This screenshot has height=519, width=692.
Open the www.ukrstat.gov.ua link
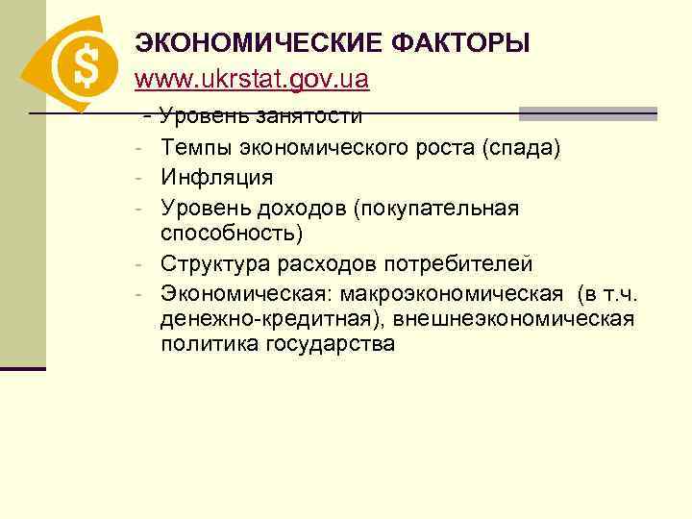[x=252, y=79]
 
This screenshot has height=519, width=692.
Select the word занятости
[x=309, y=117]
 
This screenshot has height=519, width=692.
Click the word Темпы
[x=194, y=148]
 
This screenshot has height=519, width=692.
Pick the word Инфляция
[x=216, y=178]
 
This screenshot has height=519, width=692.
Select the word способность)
[x=232, y=234]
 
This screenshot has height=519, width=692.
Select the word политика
[x=201, y=345]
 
